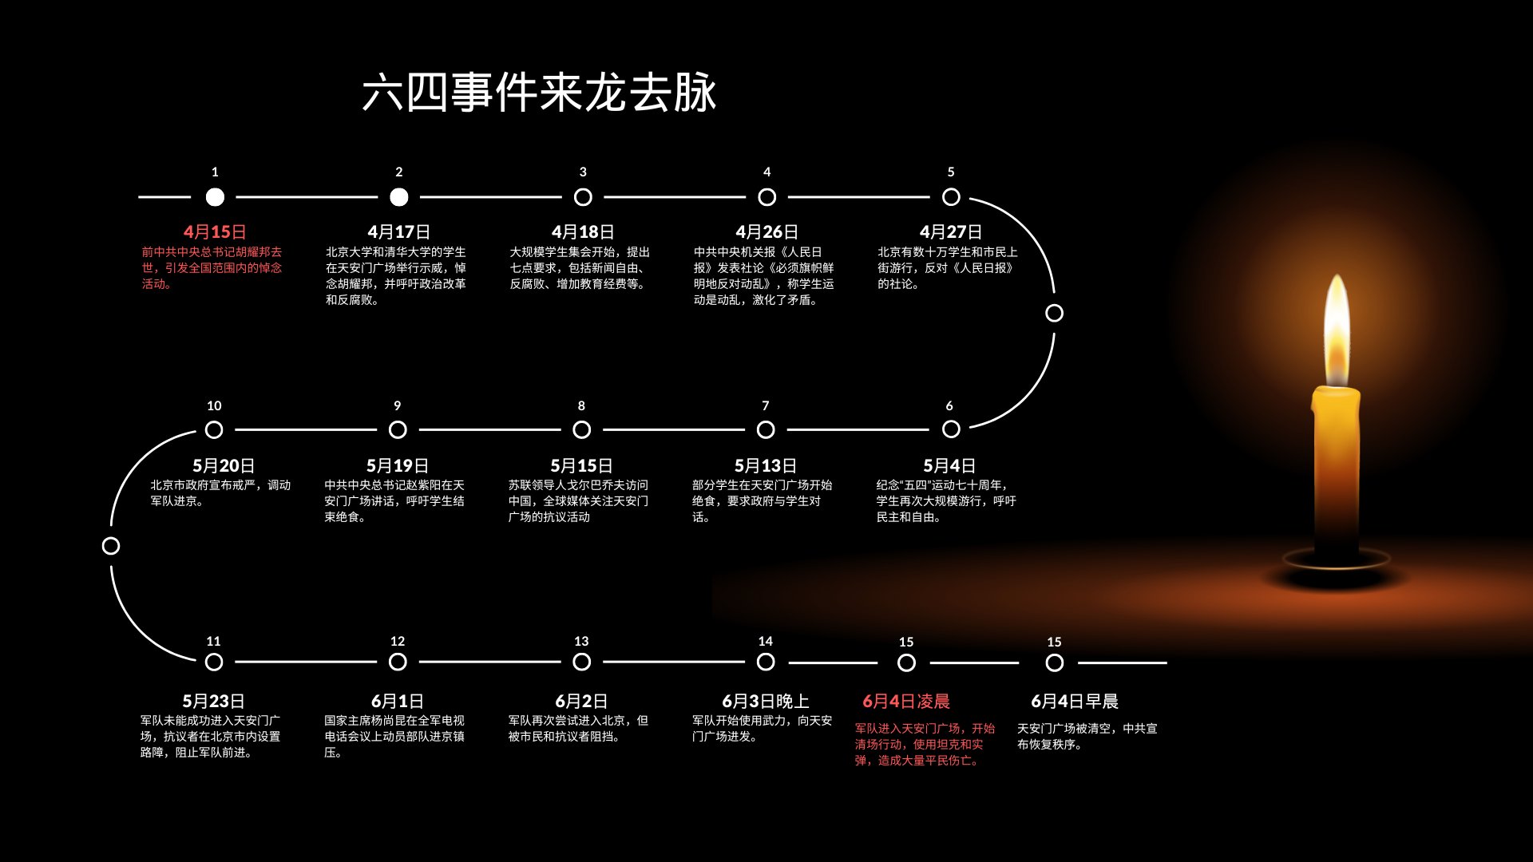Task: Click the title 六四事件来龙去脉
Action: point(539,93)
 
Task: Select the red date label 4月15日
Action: point(215,232)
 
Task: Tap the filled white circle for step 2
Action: point(399,197)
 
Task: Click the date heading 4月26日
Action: point(766,232)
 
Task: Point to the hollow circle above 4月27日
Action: point(951,197)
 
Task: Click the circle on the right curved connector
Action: point(1054,313)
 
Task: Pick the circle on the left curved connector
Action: point(111,546)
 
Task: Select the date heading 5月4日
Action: point(949,466)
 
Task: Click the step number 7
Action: point(766,406)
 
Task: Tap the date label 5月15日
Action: point(581,466)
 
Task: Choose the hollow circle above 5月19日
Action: point(398,430)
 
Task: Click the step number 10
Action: point(214,406)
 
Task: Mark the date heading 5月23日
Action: point(213,702)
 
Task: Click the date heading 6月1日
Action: point(398,702)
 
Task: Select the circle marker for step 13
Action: point(582,662)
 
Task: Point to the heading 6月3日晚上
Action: point(766,702)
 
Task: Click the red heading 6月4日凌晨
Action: point(906,702)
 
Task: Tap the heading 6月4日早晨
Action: point(1075,702)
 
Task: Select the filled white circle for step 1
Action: point(215,197)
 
